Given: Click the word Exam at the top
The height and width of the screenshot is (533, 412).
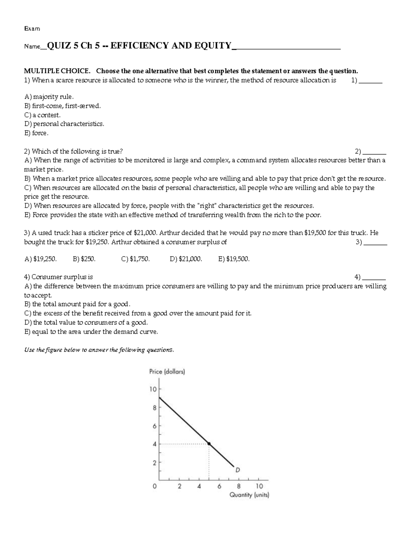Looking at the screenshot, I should point(32,29).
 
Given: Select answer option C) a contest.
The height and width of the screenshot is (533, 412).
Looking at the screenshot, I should point(42,115).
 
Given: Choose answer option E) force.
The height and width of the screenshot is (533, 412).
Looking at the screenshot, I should point(36,133).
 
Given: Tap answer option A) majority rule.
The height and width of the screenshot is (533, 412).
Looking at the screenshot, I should point(49,97).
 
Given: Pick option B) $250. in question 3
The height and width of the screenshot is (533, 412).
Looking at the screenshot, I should point(84,259).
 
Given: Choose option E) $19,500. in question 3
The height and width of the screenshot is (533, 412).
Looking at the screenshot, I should point(234,259).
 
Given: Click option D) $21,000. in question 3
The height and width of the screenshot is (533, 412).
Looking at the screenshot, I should point(186,259).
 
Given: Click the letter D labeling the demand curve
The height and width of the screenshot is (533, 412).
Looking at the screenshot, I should point(237,470).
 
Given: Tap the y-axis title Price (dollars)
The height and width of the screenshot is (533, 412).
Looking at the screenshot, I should point(167,372).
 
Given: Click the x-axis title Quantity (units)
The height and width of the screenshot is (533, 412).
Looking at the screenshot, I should point(249,495).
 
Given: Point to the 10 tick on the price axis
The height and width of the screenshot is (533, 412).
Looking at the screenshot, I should point(153,389).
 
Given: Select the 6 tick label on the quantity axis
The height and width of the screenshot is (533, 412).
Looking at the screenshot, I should point(219,486).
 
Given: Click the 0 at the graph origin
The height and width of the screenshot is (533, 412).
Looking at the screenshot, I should point(155,486).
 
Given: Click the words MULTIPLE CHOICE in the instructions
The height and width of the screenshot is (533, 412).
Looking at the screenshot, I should point(57,71).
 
